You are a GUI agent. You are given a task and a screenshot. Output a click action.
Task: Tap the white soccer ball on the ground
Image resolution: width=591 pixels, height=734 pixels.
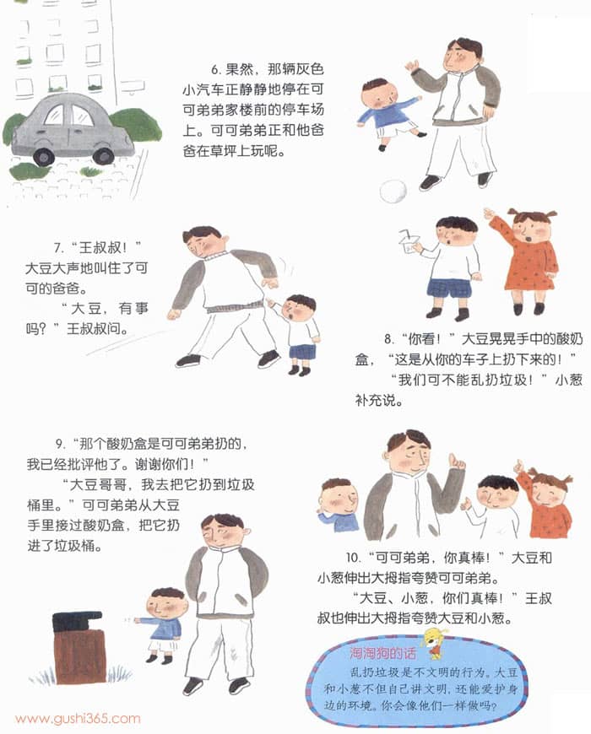(393, 192)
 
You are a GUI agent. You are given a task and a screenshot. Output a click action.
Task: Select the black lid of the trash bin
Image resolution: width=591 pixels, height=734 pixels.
(78, 621)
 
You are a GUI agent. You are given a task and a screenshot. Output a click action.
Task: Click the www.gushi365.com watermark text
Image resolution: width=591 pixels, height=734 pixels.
(78, 719)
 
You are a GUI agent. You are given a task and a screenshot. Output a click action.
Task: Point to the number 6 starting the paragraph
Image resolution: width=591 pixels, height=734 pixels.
(215, 70)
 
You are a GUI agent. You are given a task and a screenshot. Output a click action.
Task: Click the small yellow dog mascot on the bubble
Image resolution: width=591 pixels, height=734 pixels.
(433, 643)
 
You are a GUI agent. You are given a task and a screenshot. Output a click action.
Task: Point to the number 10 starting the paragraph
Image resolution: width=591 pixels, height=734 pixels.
(353, 558)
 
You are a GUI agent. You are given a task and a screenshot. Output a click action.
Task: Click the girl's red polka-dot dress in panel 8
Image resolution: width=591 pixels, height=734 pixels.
(530, 263)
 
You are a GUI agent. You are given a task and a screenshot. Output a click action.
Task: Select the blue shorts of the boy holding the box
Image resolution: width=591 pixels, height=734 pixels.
(449, 287)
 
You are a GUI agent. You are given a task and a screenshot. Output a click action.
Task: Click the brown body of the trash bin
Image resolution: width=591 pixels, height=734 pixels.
(80, 656)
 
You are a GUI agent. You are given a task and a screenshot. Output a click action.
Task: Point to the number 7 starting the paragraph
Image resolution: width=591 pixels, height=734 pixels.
(58, 248)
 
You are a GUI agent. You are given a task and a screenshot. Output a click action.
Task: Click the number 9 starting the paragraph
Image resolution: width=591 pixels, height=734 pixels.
(59, 443)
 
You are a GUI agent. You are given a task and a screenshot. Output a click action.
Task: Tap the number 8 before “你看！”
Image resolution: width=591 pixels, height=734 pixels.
(388, 339)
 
